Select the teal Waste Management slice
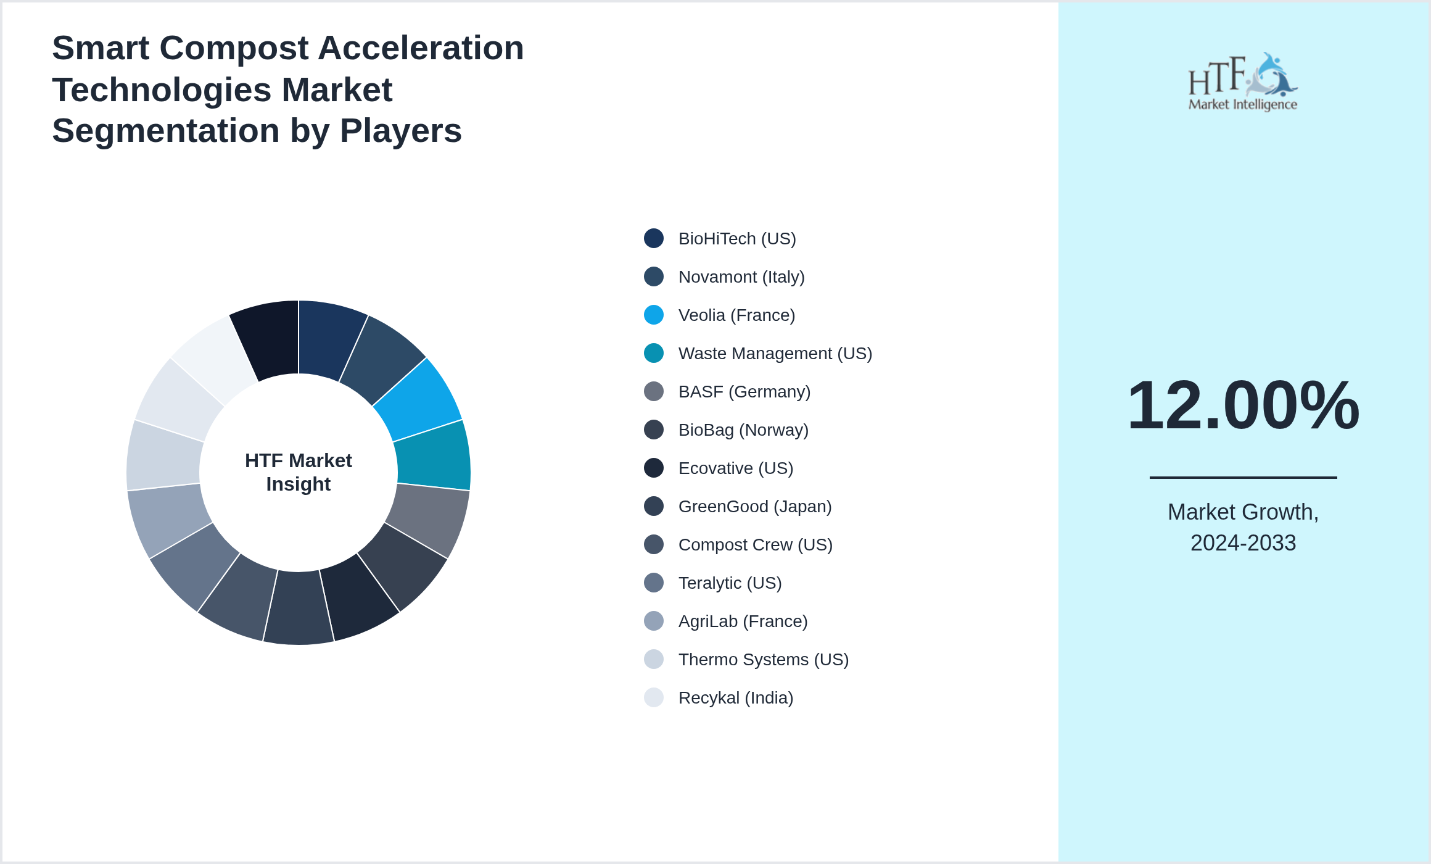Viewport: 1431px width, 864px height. [x=434, y=456]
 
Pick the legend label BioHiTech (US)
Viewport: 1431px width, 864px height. [x=737, y=239]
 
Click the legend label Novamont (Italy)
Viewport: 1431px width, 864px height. [x=741, y=277]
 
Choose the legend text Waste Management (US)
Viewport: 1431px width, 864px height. [x=775, y=354]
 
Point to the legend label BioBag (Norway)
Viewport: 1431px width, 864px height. [x=743, y=430]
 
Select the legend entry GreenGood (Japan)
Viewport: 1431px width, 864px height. [x=755, y=507]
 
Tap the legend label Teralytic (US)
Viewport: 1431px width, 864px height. [x=730, y=583]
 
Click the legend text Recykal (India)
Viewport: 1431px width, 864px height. [x=736, y=698]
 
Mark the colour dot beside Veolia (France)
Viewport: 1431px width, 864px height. [x=654, y=315]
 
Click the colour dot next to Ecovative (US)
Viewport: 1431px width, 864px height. [x=654, y=468]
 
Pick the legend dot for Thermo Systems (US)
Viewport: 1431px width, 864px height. [x=654, y=660]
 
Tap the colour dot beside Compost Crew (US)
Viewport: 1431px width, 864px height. [x=654, y=545]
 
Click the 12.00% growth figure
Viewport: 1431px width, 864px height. [x=1243, y=405]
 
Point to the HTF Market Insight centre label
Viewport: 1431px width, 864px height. [x=299, y=472]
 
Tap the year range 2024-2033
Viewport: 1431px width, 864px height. [x=1243, y=543]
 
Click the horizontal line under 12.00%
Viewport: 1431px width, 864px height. [x=1243, y=477]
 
